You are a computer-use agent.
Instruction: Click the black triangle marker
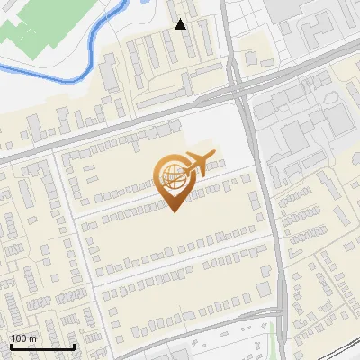point(180,24)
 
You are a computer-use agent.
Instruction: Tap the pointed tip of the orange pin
point(175,211)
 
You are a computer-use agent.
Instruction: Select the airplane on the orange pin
point(199,164)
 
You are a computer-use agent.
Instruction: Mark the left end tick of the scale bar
point(10,346)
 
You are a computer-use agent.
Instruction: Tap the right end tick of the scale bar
point(75,346)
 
